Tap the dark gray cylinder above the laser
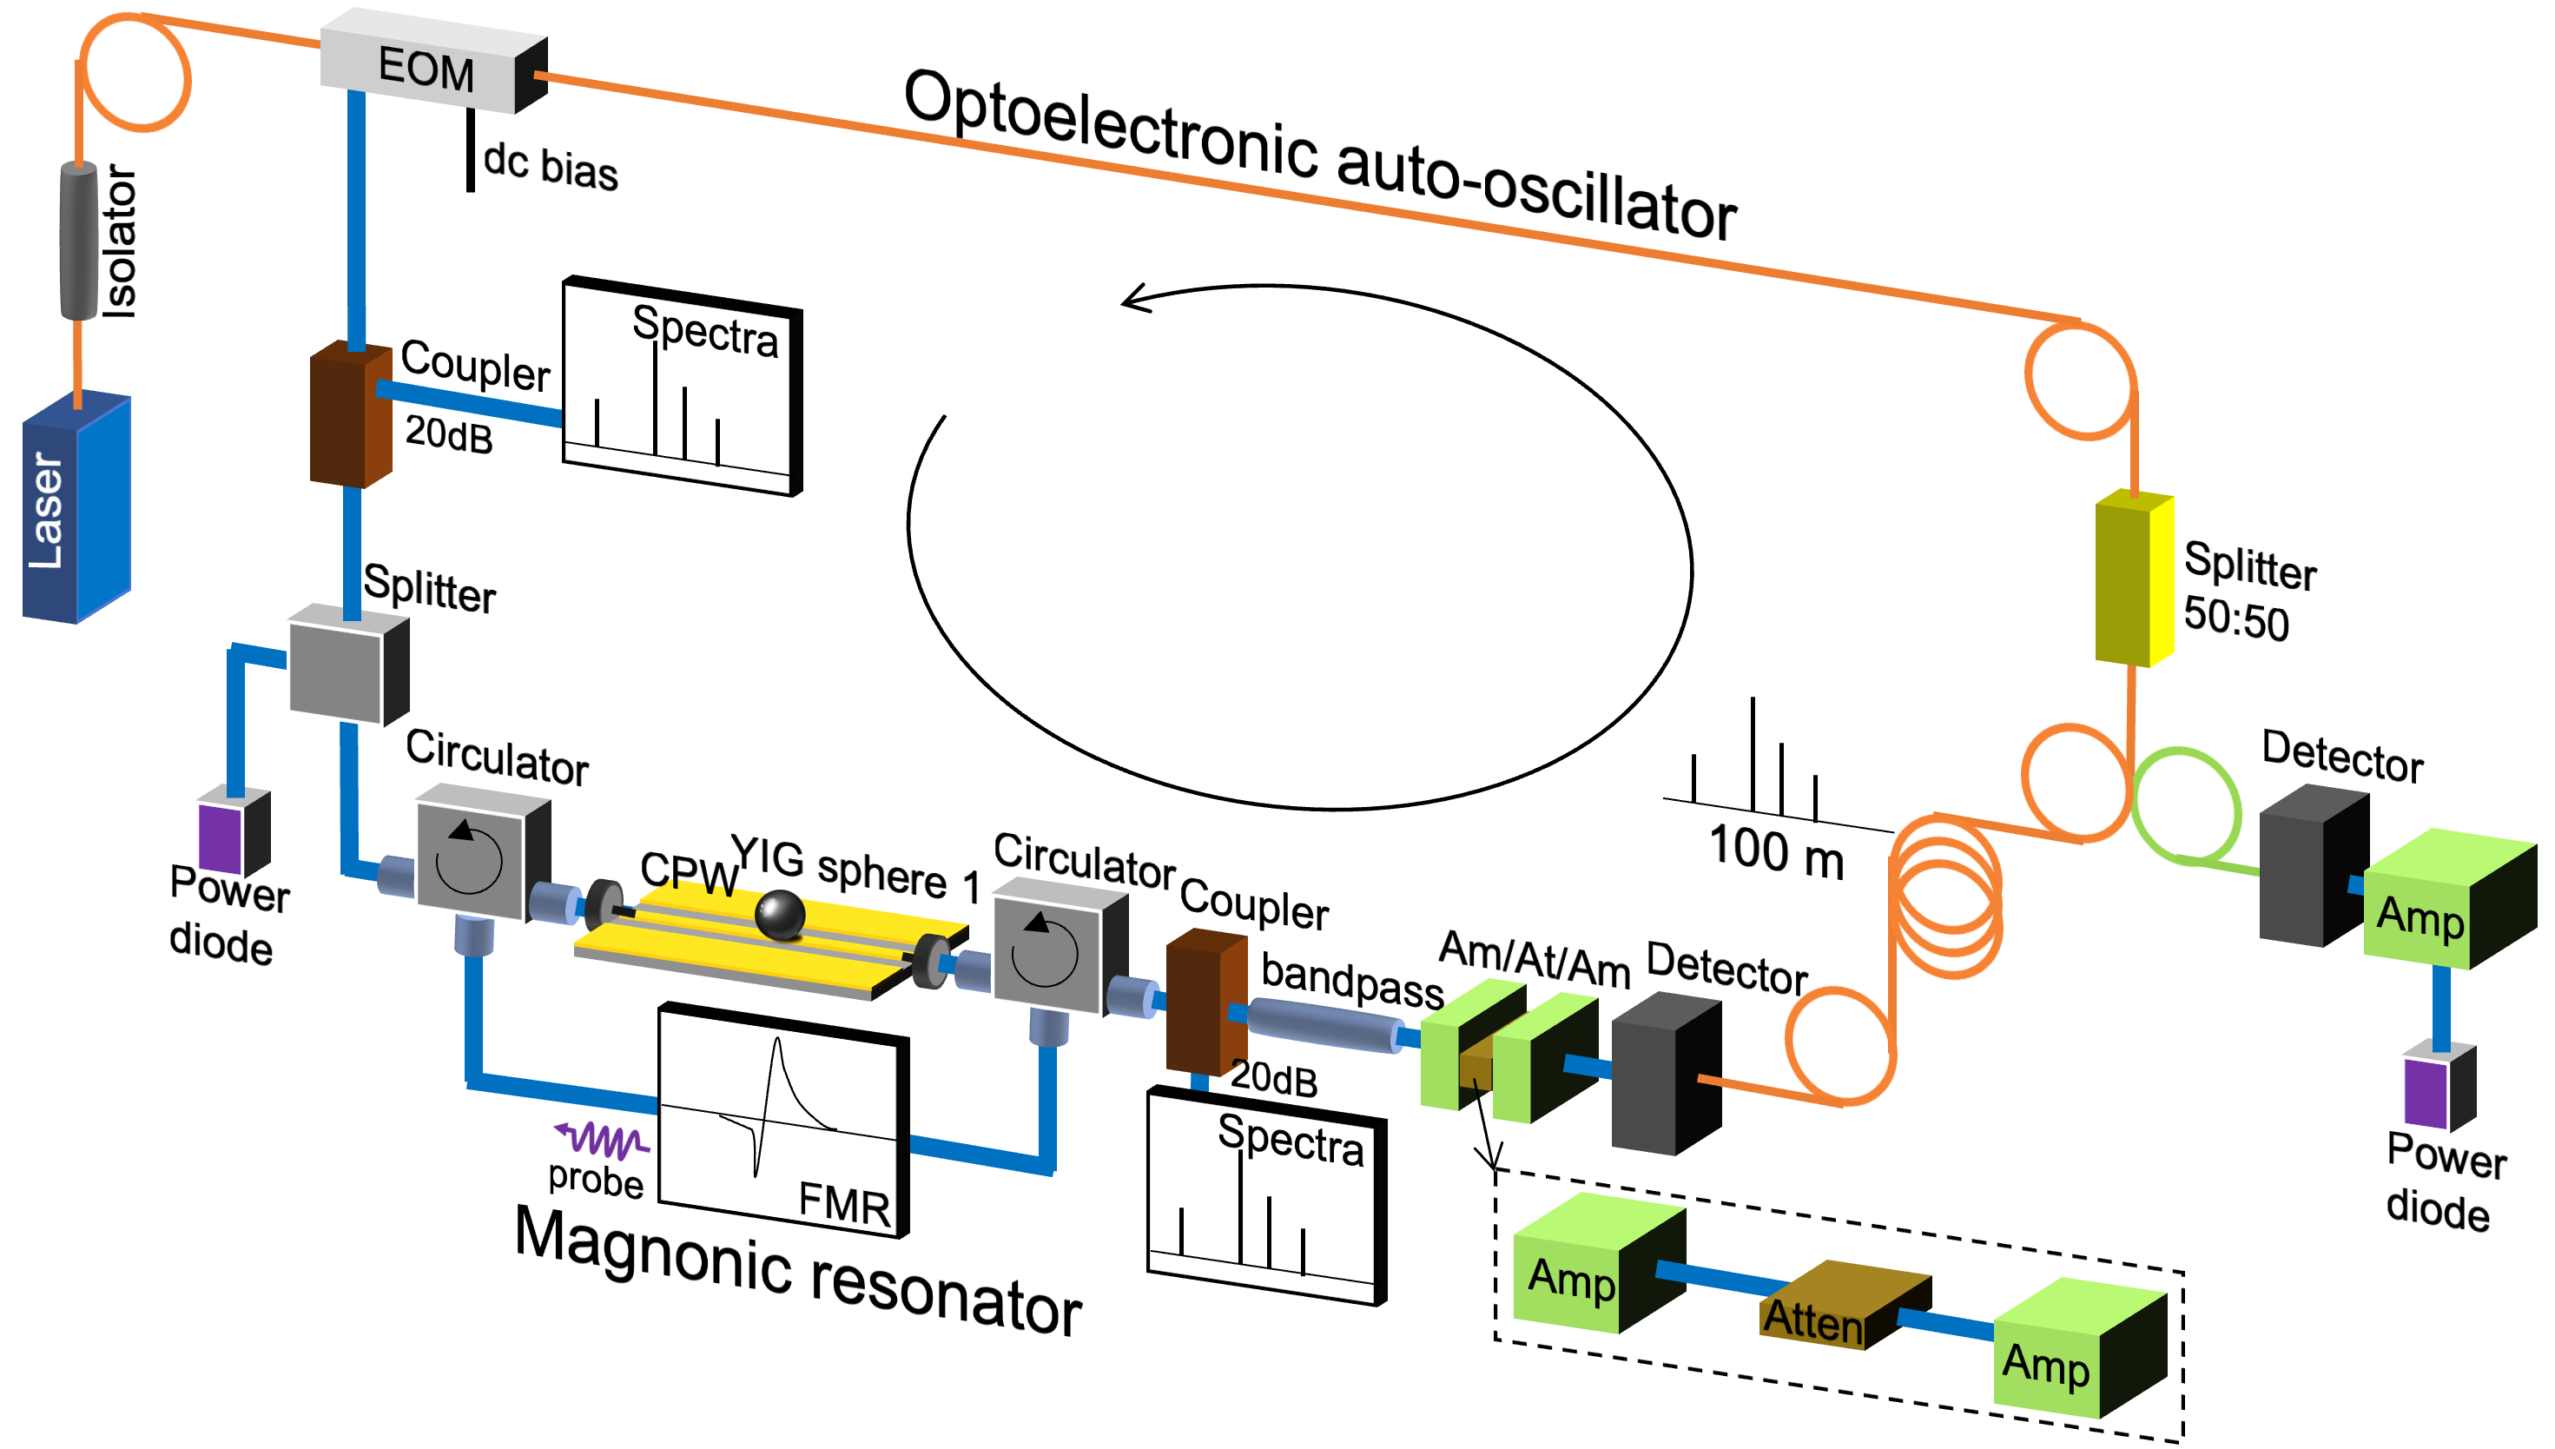coord(79,241)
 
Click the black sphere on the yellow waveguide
coord(779,915)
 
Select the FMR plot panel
coord(778,1122)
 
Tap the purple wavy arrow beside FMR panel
coord(602,1136)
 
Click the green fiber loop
coord(2186,804)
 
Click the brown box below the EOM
coord(349,416)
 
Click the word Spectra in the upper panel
coord(704,330)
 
